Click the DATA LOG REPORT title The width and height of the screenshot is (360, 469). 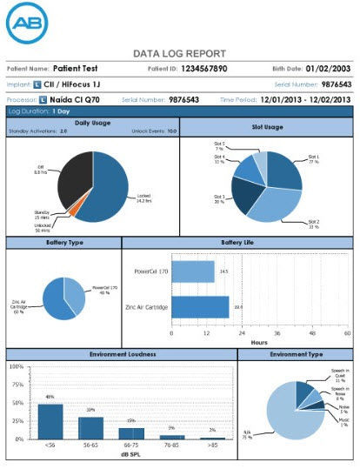179,53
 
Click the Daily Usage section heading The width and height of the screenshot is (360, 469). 92,124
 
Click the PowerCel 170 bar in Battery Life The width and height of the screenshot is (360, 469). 192,271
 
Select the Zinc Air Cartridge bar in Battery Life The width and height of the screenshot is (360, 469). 200,306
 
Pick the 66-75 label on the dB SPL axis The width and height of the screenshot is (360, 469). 130,446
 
